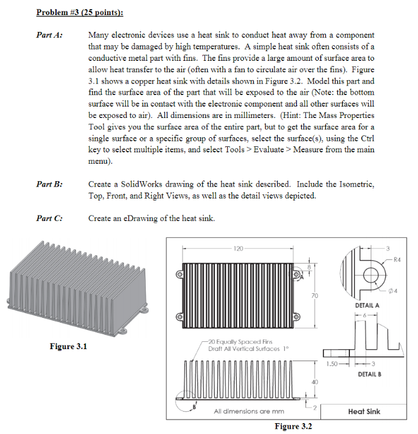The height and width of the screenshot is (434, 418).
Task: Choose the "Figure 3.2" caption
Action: click(x=293, y=426)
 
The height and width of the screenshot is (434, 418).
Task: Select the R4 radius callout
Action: click(x=396, y=261)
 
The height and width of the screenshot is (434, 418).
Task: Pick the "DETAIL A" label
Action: click(x=368, y=305)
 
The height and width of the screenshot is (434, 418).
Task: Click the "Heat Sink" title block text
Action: click(x=364, y=412)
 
